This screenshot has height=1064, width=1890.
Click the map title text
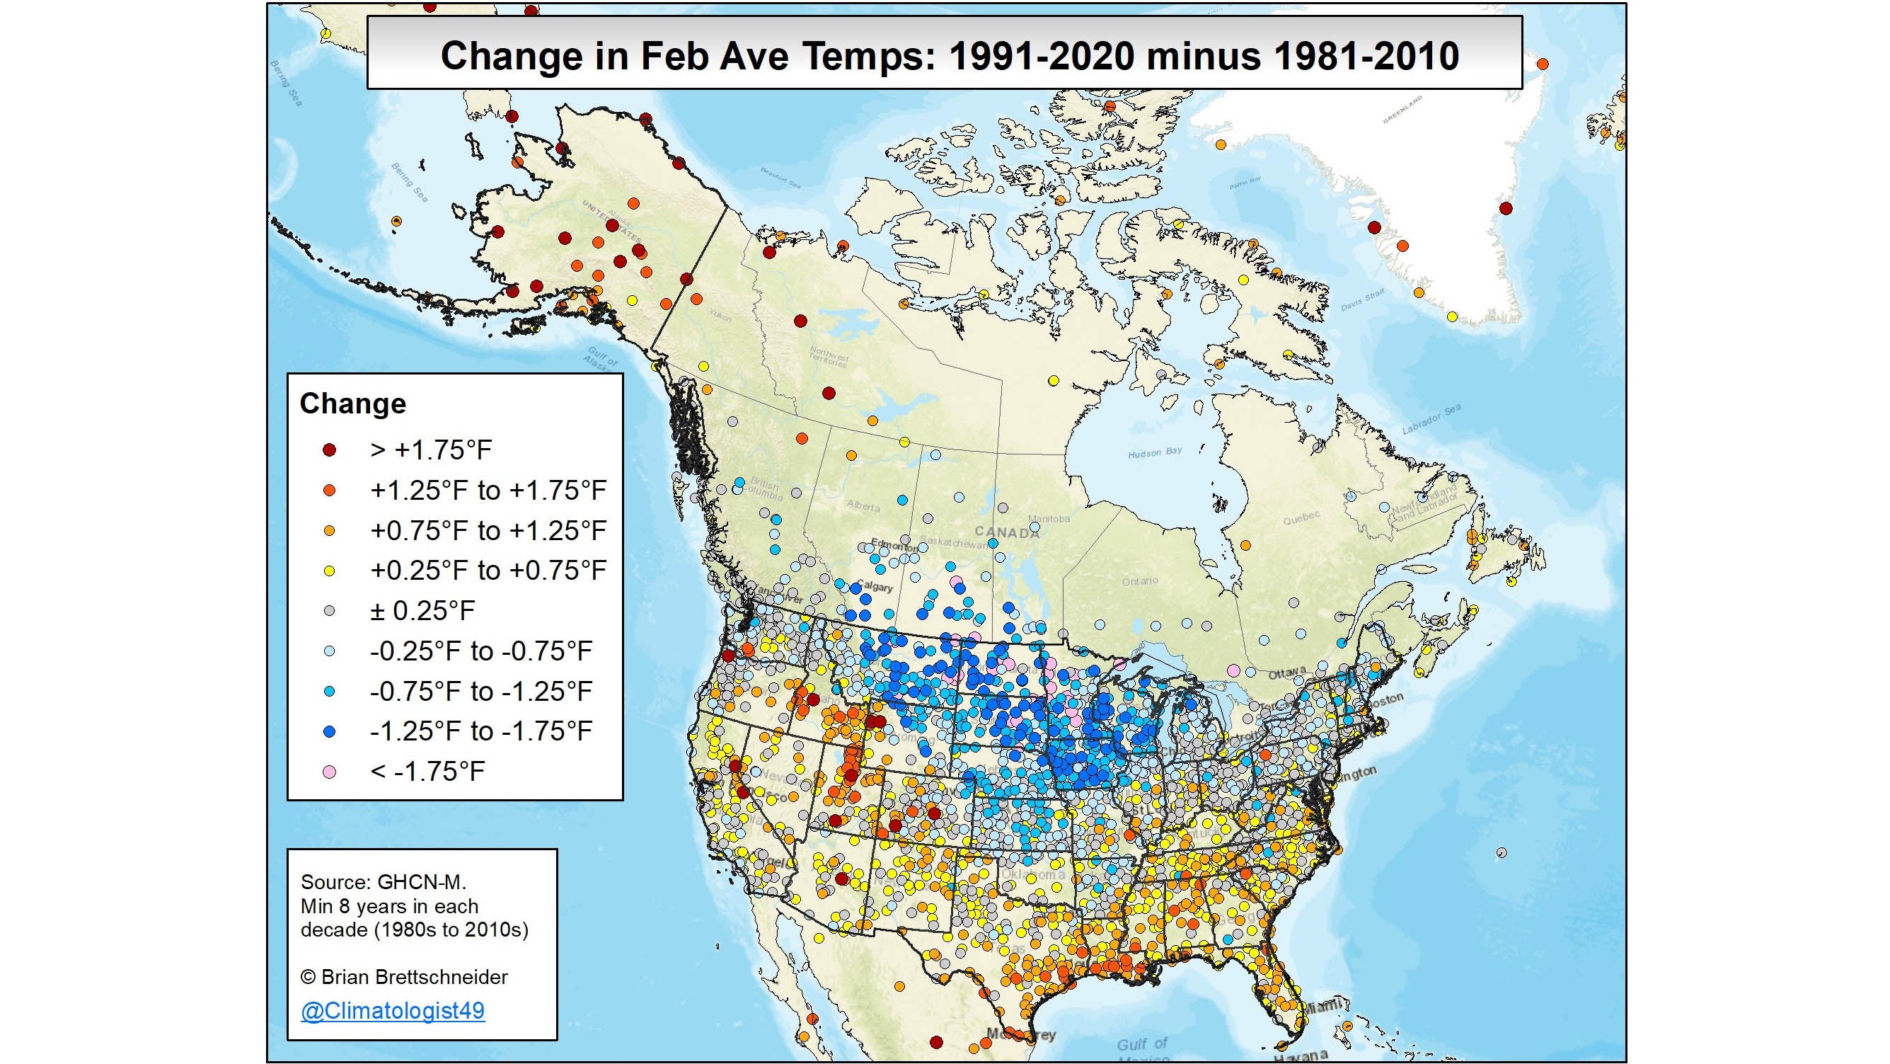(x=949, y=56)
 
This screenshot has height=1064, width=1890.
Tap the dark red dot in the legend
(x=330, y=450)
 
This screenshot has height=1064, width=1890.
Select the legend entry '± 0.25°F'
(x=422, y=610)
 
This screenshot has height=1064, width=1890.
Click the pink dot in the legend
(x=330, y=771)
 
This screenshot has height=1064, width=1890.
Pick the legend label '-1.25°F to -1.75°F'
(x=480, y=731)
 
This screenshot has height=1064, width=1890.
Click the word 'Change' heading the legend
(x=353, y=404)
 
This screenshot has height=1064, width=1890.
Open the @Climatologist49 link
(x=393, y=1010)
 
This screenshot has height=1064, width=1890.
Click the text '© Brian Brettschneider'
(x=404, y=977)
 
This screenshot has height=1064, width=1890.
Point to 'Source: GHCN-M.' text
(x=383, y=882)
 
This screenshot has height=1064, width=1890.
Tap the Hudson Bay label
(x=1155, y=452)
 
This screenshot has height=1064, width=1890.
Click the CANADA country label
(x=1007, y=533)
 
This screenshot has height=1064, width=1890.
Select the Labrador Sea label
(x=1431, y=419)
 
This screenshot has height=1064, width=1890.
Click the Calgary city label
(x=874, y=587)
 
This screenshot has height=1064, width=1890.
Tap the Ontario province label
(x=1139, y=580)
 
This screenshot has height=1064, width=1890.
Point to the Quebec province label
(x=1301, y=518)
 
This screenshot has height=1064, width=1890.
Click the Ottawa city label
(x=1287, y=672)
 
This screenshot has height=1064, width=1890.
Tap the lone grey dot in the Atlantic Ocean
(x=1501, y=852)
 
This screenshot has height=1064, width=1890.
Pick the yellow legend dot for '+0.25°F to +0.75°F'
(x=330, y=570)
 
